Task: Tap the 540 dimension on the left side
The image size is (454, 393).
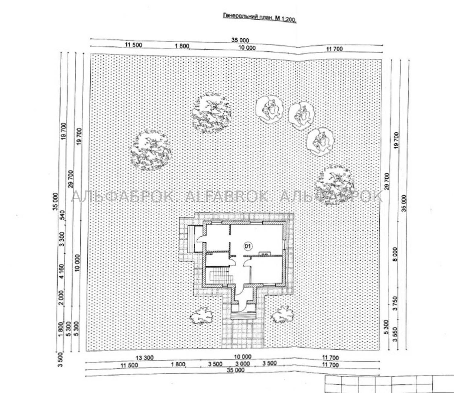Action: click(63, 215)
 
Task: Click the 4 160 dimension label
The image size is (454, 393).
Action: click(62, 271)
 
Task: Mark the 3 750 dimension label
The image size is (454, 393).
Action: click(396, 304)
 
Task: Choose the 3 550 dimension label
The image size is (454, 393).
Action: click(395, 335)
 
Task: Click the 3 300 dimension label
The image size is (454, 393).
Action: click(62, 239)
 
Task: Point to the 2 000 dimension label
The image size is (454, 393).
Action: click(61, 298)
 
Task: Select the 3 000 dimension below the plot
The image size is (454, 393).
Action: click(243, 364)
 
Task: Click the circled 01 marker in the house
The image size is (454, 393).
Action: click(248, 246)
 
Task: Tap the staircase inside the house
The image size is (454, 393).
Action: click(220, 276)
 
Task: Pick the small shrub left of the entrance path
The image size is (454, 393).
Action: click(201, 316)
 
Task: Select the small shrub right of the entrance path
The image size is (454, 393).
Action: click(283, 315)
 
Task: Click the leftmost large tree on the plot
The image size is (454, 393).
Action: click(151, 151)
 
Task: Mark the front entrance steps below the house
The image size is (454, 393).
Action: click(244, 315)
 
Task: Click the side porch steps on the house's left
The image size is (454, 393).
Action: click(192, 239)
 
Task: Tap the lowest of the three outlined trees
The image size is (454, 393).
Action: click(320, 142)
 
